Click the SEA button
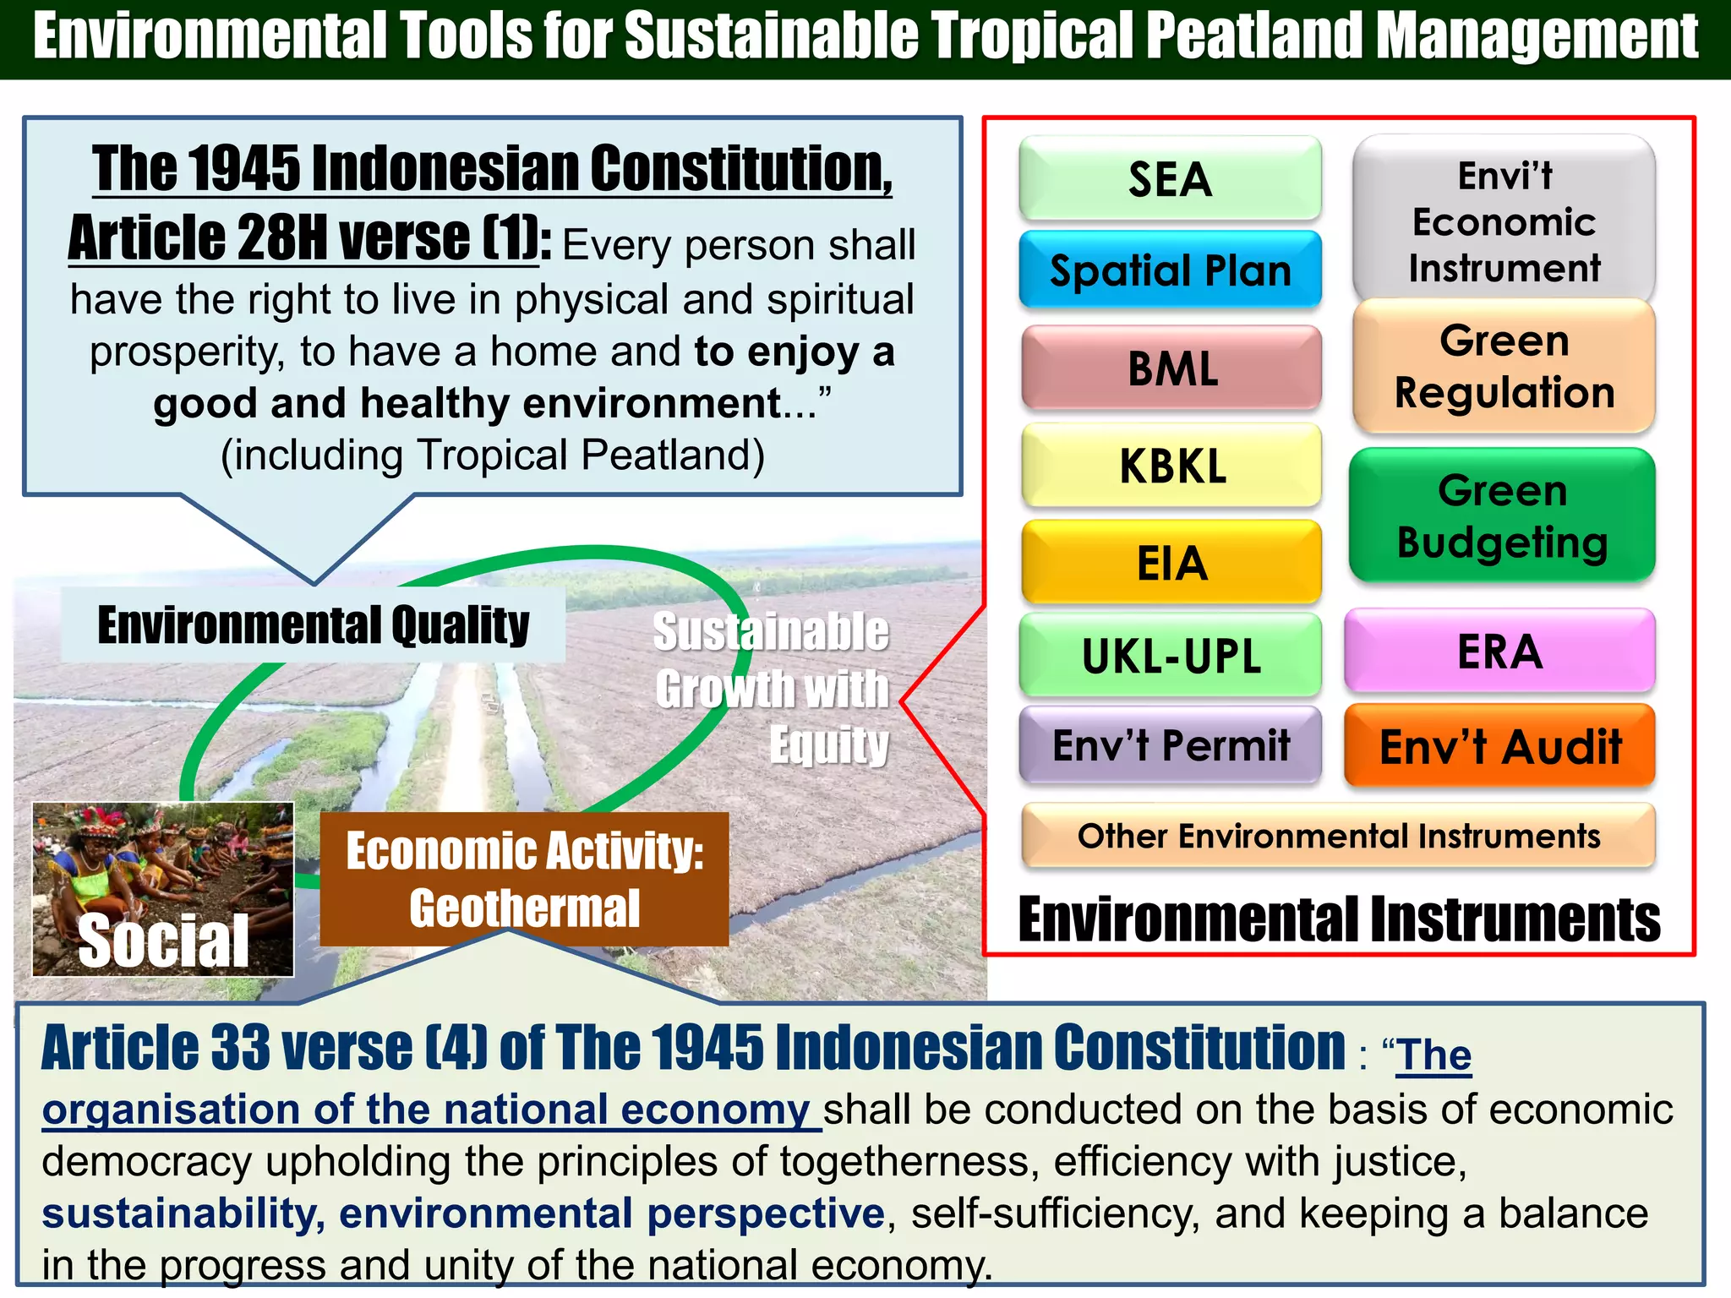point(1170,179)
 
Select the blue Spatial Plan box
point(1170,270)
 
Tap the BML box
point(1171,368)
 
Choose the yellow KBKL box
point(1171,466)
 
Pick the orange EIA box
point(1171,563)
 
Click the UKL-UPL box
point(1171,656)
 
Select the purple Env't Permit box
point(1171,745)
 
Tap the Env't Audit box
point(1499,746)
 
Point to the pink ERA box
point(1499,652)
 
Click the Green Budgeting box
point(1502,515)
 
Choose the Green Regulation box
point(1504,367)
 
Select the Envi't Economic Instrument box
point(1504,221)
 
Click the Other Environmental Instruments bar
point(1338,836)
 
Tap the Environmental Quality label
point(313,625)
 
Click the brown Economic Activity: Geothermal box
point(524,879)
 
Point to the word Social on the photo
point(163,941)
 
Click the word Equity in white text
point(828,744)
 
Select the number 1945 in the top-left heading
point(243,168)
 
